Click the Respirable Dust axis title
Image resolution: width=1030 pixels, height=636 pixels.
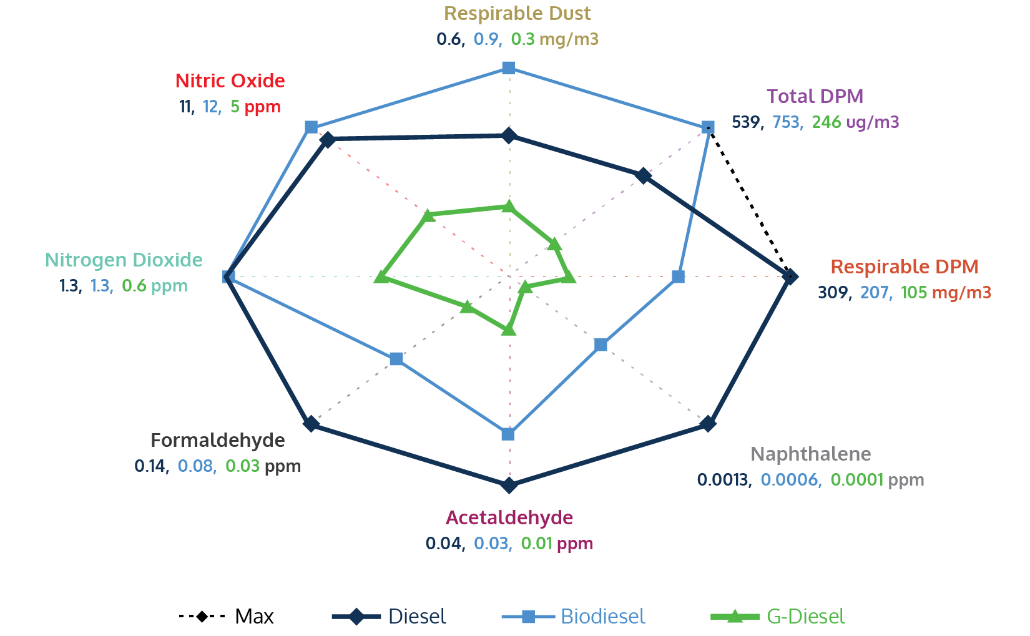[517, 13]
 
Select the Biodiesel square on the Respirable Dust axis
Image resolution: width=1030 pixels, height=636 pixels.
[509, 67]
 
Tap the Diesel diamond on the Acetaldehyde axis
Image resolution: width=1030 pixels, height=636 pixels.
[509, 485]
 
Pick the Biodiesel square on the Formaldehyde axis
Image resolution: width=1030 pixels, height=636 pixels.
[396, 359]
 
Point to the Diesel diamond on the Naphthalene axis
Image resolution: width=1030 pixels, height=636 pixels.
[707, 424]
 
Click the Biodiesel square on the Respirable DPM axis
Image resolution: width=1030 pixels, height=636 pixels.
[679, 276]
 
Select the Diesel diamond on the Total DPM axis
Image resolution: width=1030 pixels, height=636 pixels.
[643, 176]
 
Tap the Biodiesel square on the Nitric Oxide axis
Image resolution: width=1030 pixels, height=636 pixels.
[311, 127]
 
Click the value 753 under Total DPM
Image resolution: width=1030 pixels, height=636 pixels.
[786, 122]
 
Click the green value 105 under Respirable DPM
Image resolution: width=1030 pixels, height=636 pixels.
[914, 292]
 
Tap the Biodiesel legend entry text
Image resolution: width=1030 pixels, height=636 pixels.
[602, 617]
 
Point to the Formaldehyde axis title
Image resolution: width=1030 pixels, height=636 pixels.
[217, 440]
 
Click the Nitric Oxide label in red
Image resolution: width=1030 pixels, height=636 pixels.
[230, 81]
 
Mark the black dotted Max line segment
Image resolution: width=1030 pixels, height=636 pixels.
[749, 202]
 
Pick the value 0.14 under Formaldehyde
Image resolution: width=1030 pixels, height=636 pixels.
[150, 466]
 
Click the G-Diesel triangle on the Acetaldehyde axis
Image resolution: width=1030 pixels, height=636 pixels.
[509, 328]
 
